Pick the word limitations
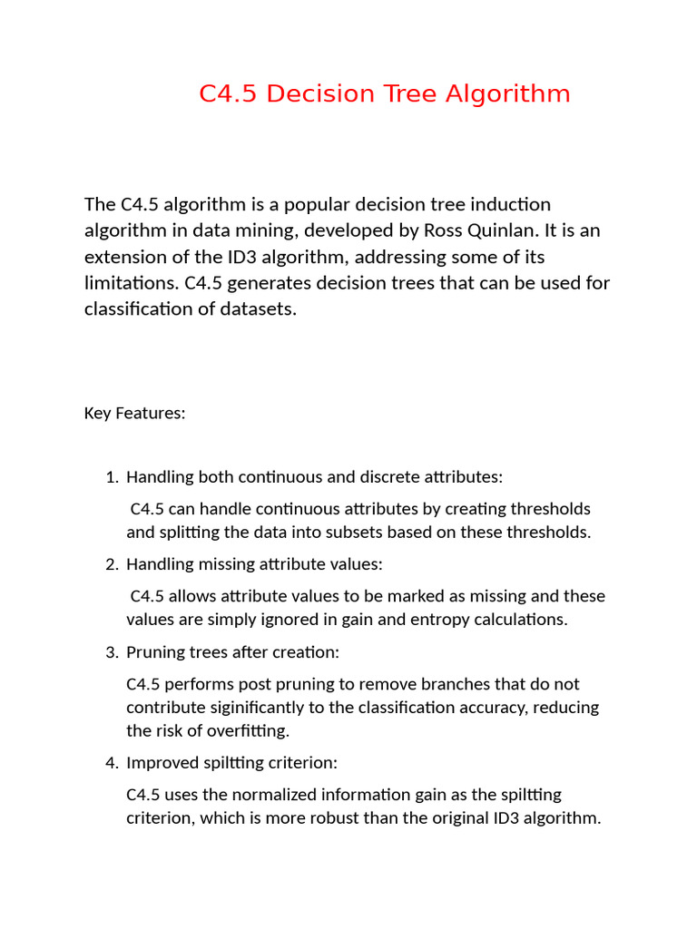click(131, 282)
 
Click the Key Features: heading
click(134, 414)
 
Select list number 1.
click(113, 477)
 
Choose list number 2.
click(113, 564)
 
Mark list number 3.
click(113, 652)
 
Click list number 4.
click(113, 763)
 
